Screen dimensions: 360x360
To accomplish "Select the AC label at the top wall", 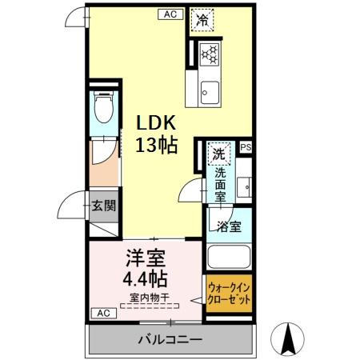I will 170,14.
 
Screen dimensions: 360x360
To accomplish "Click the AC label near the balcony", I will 102,312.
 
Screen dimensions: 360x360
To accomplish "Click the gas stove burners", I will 210,54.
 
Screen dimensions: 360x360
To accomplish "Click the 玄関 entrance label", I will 102,205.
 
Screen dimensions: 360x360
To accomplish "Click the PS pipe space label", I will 244,147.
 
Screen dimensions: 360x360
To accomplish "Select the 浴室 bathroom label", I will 229,226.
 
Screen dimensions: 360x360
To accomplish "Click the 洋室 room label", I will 144,260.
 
